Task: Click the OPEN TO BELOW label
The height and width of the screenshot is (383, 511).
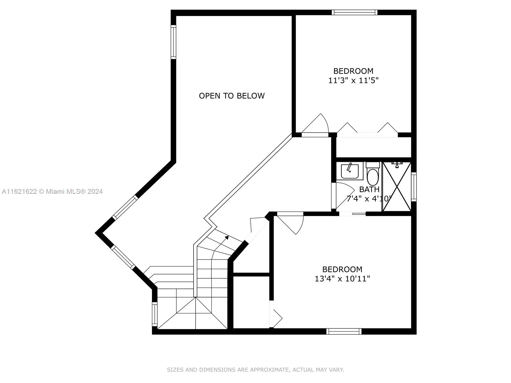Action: click(232, 96)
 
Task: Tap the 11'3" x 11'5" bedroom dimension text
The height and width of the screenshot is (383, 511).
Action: click(353, 80)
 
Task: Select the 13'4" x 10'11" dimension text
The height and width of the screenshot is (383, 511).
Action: click(342, 279)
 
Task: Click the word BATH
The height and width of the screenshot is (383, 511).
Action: click(369, 190)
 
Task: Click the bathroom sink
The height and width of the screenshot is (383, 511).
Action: click(350, 171)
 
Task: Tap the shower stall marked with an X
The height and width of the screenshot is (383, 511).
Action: click(397, 187)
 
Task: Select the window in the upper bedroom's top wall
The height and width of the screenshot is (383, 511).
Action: click(354, 12)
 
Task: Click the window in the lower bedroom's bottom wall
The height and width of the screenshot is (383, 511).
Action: click(344, 331)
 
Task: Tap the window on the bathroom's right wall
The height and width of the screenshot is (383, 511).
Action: click(414, 187)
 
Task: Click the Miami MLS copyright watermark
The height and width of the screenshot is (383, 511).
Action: click(52, 191)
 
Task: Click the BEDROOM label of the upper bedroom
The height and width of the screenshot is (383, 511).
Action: click(353, 71)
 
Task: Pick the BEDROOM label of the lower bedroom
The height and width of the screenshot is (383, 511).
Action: click(342, 269)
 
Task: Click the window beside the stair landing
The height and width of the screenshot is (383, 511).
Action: click(155, 314)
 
